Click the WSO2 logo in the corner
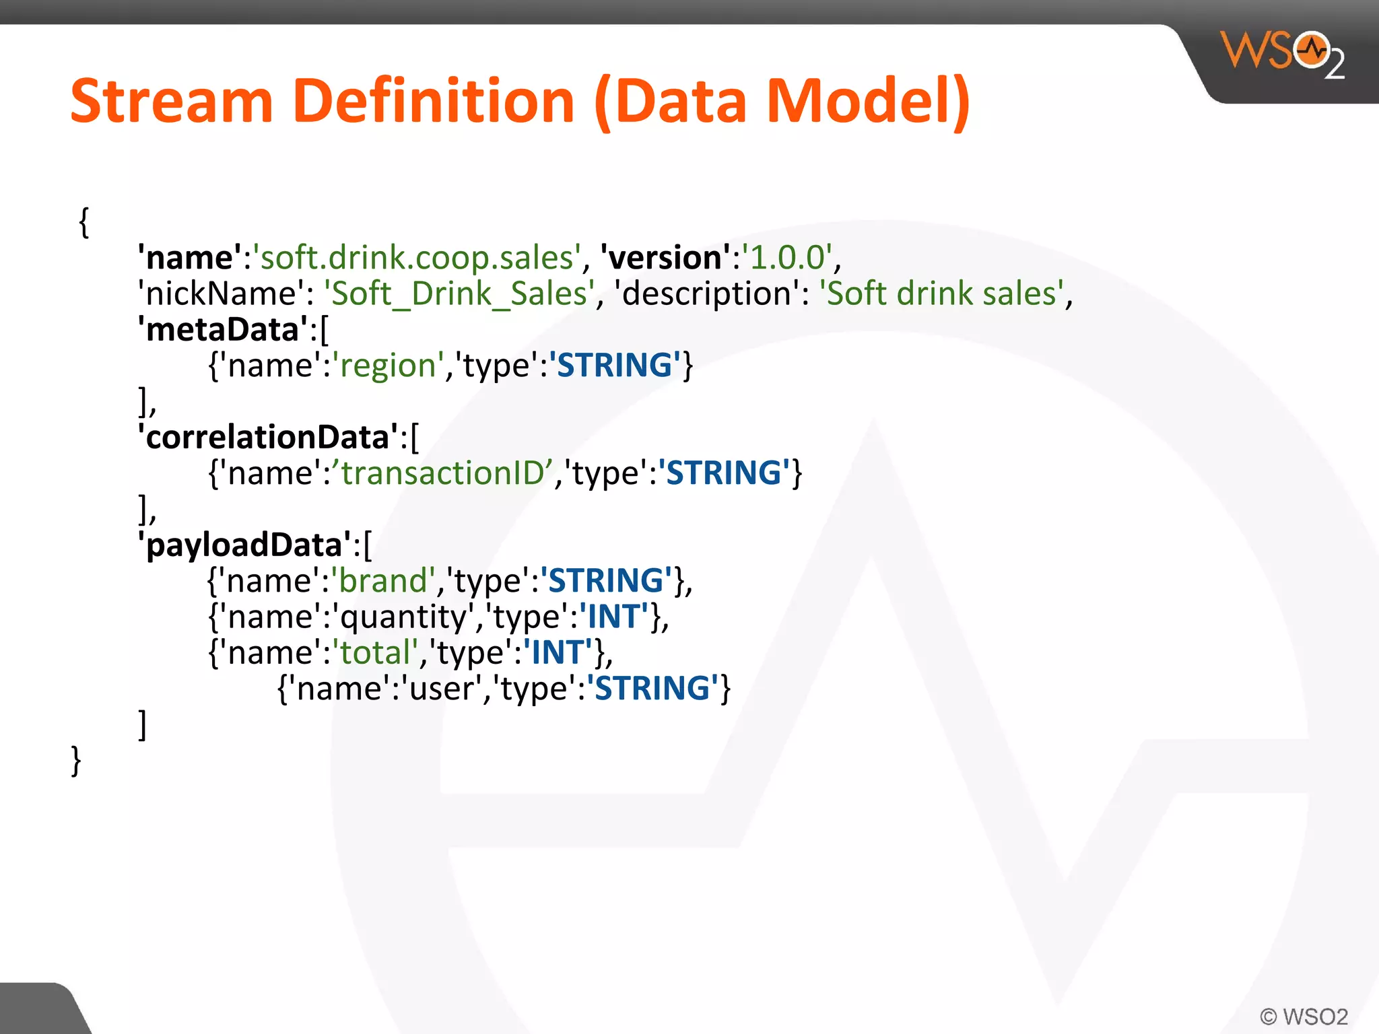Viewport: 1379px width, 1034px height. [x=1283, y=54]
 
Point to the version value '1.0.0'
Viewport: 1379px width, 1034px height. [x=787, y=258]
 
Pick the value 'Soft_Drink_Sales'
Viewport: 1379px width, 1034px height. [x=460, y=294]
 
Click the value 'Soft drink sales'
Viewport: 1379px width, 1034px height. [x=942, y=294]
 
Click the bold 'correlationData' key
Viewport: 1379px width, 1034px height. [x=268, y=438]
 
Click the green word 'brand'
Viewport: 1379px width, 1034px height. [x=383, y=581]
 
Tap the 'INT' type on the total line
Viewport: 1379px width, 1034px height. [x=557, y=653]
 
